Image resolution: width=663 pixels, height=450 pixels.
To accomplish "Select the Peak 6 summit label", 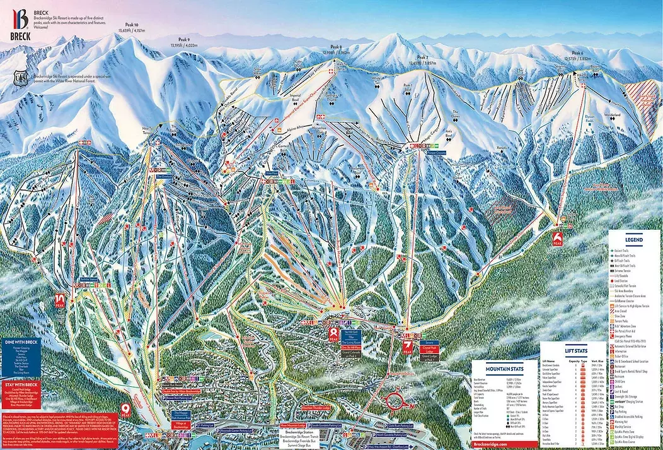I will click(577, 53).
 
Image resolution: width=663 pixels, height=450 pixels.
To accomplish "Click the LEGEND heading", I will click(634, 240).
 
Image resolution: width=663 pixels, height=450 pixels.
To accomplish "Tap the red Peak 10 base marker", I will click(61, 300).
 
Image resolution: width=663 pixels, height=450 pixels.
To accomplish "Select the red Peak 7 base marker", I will click(408, 346).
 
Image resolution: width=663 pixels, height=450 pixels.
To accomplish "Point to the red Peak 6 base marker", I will click(557, 238).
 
